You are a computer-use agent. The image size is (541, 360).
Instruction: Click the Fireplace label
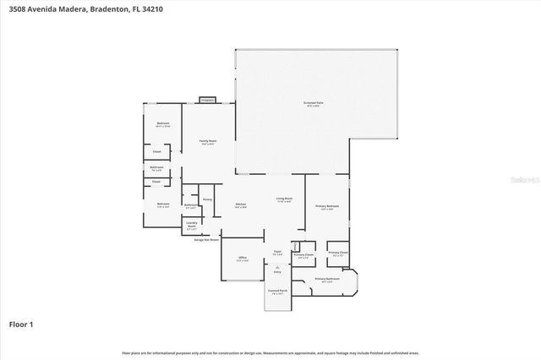206,101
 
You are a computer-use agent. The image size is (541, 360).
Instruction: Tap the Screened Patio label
314,103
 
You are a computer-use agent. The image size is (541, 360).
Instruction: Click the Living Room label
284,199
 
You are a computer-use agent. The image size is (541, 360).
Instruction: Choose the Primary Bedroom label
327,206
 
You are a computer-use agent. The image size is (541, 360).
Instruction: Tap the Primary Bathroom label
327,278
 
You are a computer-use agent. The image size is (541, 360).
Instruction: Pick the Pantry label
207,199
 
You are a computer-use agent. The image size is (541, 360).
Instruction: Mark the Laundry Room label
192,225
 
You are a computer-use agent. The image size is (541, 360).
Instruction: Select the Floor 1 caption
21,324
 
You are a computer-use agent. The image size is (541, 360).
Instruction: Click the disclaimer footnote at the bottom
270,352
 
